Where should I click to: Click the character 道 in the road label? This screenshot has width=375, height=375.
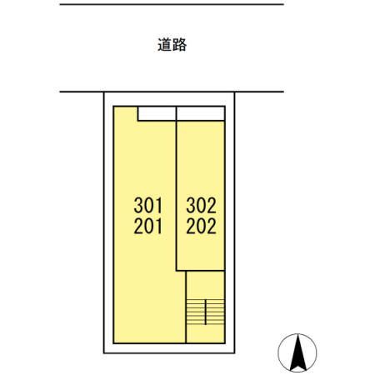click(x=164, y=45)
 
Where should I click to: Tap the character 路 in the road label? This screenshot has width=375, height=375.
click(x=179, y=45)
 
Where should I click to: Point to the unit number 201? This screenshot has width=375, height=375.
click(x=149, y=225)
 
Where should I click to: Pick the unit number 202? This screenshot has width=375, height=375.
click(x=201, y=225)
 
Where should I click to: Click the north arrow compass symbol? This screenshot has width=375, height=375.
click(x=297, y=351)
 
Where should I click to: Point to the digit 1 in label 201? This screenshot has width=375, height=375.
click(x=160, y=225)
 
